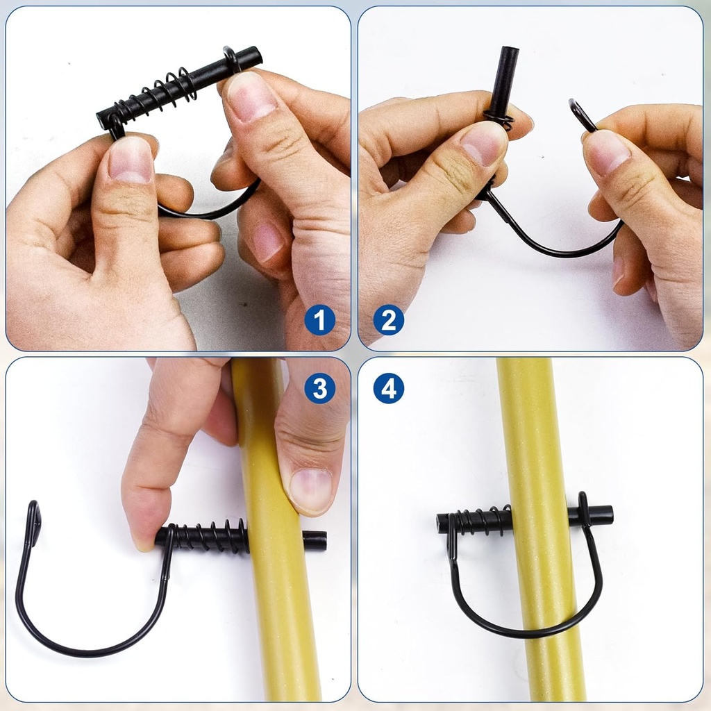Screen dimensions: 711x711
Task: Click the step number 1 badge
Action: [319, 320]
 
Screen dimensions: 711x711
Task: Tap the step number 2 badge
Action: [388, 320]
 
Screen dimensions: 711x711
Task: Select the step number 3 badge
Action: [319, 390]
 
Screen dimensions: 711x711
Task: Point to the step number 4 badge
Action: [388, 390]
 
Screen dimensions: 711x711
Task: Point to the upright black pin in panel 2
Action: [505, 76]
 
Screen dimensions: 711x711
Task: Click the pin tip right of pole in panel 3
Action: [313, 541]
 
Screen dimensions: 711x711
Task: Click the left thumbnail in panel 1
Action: [131, 160]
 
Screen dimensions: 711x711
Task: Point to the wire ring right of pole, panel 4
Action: [583, 510]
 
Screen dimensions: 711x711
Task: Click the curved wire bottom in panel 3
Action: [83, 651]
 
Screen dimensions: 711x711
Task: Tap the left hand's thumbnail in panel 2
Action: [484, 143]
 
